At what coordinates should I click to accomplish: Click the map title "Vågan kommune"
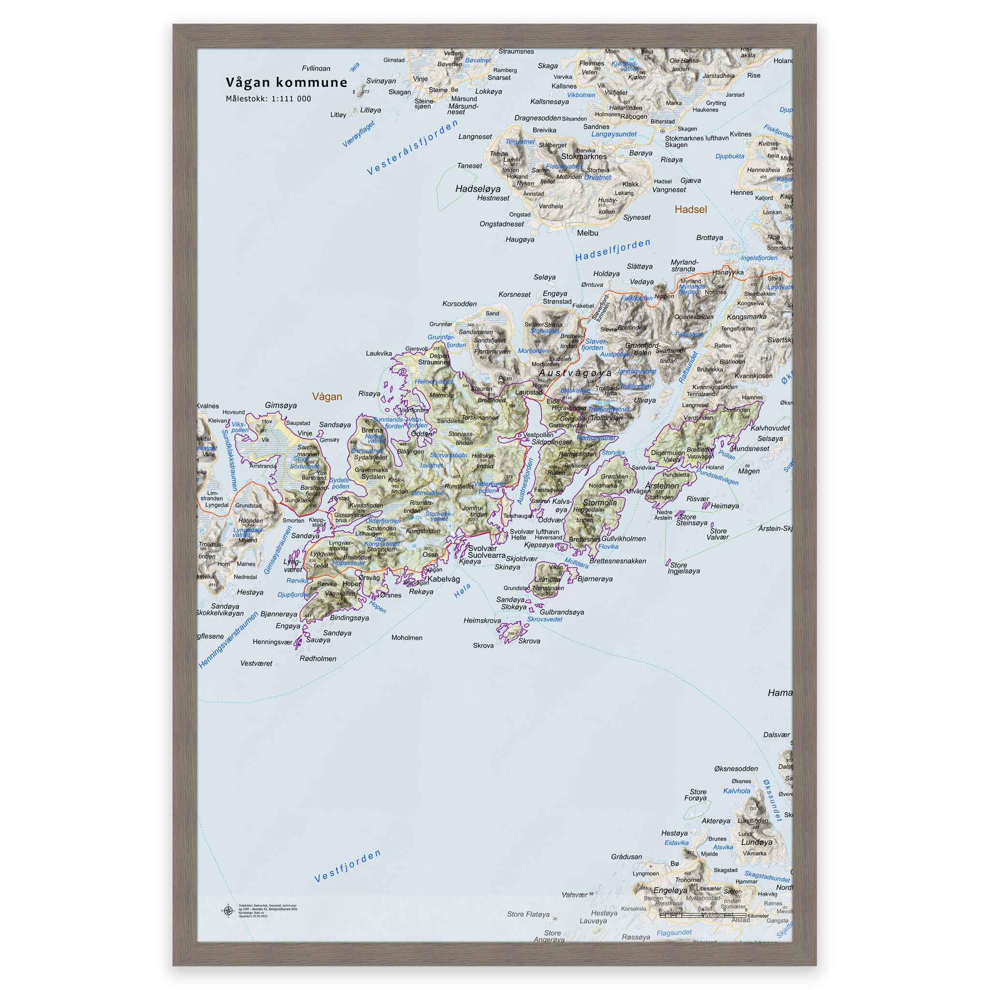[287, 83]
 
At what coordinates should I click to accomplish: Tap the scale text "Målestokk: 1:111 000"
[268, 99]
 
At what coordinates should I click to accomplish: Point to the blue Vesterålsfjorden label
[412, 147]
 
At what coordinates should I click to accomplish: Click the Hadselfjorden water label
[612, 250]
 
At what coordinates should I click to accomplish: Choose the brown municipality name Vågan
[327, 396]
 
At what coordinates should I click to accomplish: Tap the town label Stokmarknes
[583, 156]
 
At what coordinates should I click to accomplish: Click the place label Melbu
[587, 233]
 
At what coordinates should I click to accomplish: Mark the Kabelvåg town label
[444, 579]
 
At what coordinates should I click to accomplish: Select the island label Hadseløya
[478, 189]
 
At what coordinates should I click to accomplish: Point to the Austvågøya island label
[575, 373]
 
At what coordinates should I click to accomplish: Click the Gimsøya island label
[281, 405]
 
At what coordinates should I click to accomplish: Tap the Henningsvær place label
[272, 641]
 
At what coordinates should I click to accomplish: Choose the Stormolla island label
[599, 503]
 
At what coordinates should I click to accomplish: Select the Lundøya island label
[757, 842]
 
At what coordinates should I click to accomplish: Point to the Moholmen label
[407, 638]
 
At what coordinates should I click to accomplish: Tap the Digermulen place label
[667, 453]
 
